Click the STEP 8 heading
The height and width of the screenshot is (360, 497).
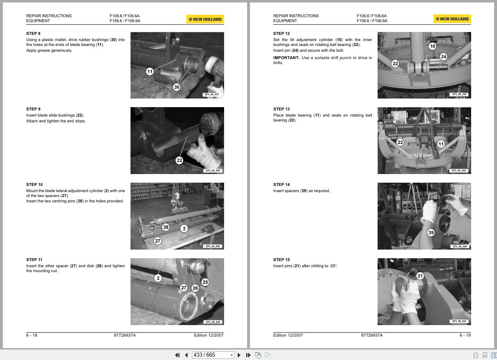click(x=33, y=34)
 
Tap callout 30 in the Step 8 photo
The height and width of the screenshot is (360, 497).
click(x=176, y=87)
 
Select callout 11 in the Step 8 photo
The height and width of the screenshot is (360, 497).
click(x=150, y=71)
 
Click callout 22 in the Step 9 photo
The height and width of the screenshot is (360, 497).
click(x=179, y=160)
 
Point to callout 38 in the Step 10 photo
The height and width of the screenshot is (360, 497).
click(x=166, y=227)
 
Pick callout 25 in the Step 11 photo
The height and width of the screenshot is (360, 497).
click(x=205, y=282)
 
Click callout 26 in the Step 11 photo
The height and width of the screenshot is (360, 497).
click(x=195, y=288)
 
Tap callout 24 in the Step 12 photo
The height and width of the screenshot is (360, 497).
click(x=444, y=57)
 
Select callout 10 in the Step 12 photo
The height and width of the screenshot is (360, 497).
click(x=433, y=46)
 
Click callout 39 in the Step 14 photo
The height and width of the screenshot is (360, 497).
click(x=431, y=232)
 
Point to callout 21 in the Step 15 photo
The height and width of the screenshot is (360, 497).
click(x=420, y=276)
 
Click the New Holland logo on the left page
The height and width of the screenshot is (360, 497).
click(x=205, y=19)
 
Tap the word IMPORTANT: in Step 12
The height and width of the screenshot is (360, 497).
click(x=286, y=58)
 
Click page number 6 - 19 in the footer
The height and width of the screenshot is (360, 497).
click(x=465, y=335)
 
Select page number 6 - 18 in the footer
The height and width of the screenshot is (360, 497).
click(x=32, y=335)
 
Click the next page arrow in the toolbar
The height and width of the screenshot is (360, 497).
click(x=239, y=355)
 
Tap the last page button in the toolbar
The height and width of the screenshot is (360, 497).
click(x=248, y=355)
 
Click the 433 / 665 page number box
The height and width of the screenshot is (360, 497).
click(x=213, y=355)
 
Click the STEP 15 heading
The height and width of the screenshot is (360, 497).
click(x=282, y=260)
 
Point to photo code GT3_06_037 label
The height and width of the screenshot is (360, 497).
click(x=211, y=94)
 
